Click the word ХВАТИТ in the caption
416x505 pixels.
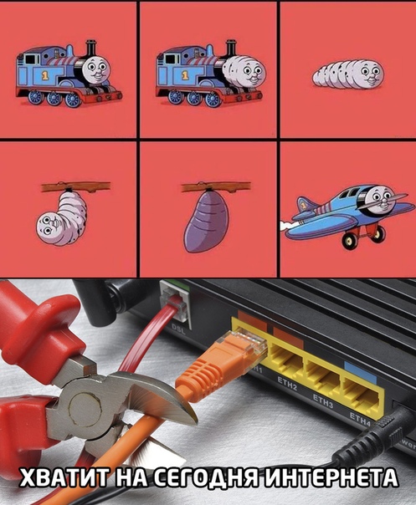[63, 477]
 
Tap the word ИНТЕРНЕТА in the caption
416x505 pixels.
[331, 477]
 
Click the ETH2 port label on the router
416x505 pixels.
[287, 385]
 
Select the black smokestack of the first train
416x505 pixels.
[91, 49]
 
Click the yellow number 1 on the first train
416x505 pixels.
[46, 75]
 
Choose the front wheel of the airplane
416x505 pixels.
[349, 239]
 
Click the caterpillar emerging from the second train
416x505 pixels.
[244, 71]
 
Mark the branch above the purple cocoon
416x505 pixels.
[216, 186]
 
